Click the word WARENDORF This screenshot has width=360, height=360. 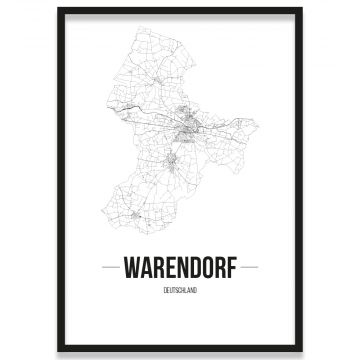pyautogui.click(x=180, y=268)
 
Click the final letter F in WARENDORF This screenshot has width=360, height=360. pyautogui.click(x=231, y=268)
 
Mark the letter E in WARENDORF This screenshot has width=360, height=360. pyautogui.click(x=166, y=268)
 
